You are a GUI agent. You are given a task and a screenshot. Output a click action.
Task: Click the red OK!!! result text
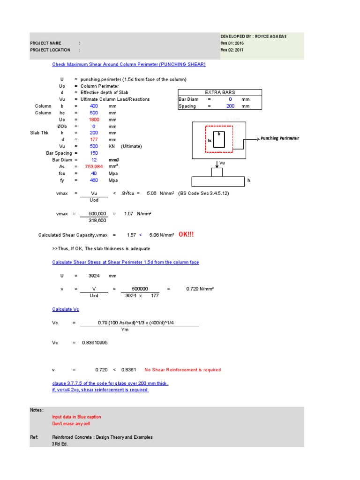click(186, 234)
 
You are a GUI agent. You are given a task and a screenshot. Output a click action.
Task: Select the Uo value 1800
click(94, 120)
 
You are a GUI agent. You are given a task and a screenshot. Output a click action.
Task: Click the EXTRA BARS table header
click(220, 92)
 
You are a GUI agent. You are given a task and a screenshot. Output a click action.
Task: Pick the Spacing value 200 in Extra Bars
click(230, 106)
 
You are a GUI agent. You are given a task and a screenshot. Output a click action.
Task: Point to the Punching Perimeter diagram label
click(279, 138)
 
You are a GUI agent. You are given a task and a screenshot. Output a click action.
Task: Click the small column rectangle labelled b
click(220, 139)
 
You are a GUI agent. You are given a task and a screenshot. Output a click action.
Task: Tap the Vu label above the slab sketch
click(222, 163)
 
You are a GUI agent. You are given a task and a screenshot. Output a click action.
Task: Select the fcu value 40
click(94, 173)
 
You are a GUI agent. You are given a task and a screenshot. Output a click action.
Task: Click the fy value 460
click(94, 180)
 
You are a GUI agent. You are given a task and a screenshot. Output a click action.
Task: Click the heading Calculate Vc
click(66, 309)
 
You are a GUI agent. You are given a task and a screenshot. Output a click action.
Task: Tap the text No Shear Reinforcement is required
click(182, 370)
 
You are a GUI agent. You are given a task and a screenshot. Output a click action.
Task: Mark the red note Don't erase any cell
click(74, 424)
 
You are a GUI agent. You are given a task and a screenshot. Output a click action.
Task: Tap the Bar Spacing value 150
click(94, 153)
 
